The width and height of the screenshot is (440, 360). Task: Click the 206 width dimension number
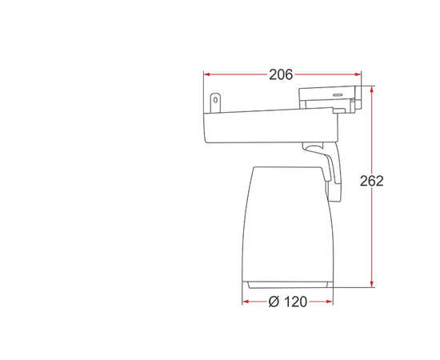coord(281,74)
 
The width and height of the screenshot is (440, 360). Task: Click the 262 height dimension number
coord(371,181)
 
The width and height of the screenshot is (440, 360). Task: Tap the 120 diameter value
coord(295,302)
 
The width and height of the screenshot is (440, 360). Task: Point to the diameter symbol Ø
coord(274,302)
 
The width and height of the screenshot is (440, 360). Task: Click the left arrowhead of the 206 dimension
coord(207,74)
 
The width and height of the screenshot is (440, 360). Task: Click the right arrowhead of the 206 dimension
coord(358,74)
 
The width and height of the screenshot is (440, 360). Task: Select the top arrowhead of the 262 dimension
coord(372,90)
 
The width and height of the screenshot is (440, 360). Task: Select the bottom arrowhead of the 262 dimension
coord(372,284)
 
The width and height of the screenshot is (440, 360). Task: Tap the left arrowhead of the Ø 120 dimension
coord(246,302)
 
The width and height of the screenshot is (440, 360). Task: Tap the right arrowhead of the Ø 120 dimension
coord(330,302)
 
